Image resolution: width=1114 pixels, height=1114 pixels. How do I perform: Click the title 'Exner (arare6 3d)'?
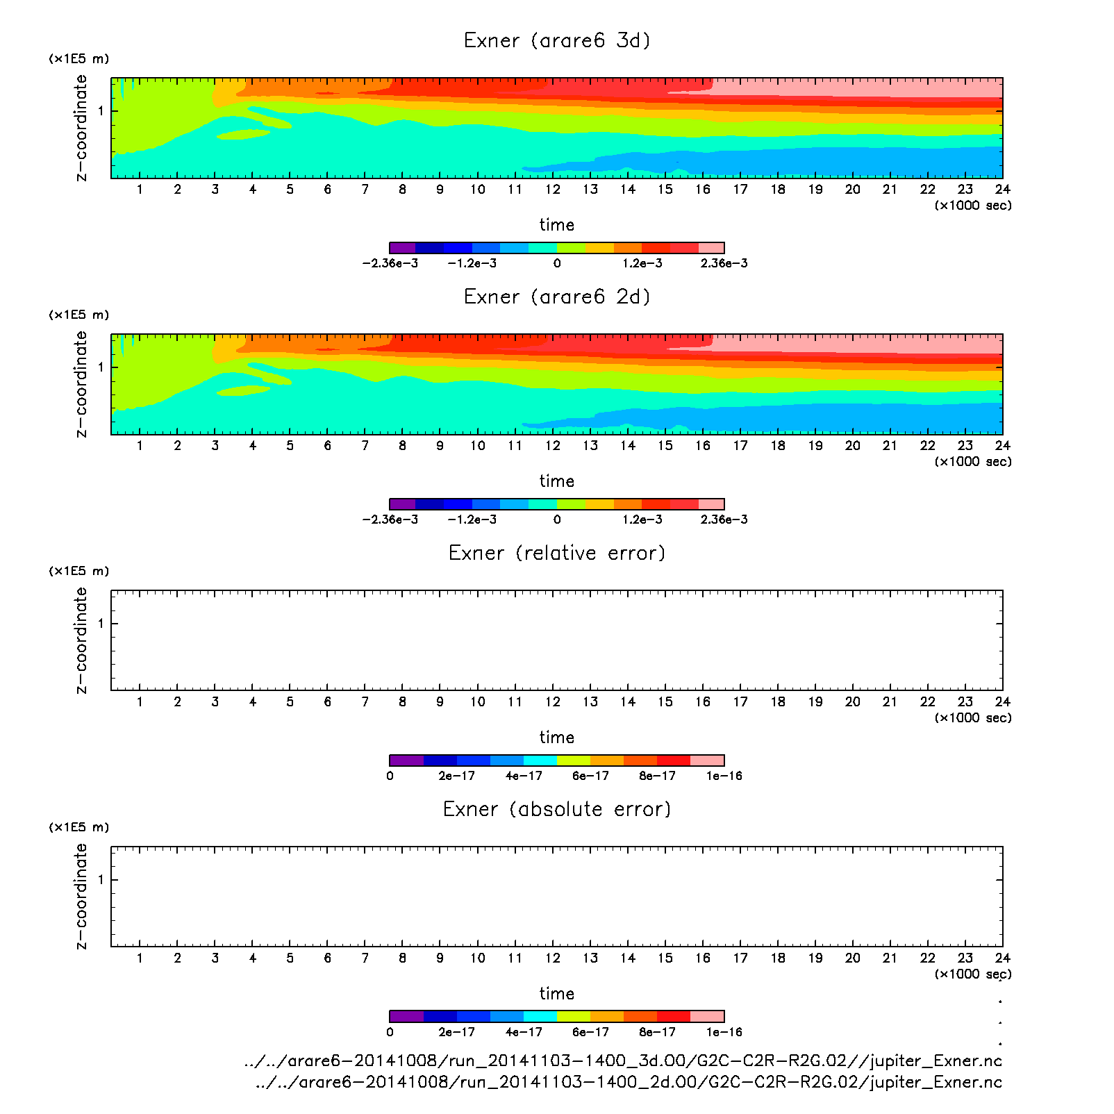pyautogui.click(x=557, y=40)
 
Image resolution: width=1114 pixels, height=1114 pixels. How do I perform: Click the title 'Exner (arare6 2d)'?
pyautogui.click(x=557, y=297)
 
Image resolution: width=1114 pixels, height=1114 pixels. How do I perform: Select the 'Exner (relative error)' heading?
pyautogui.click(x=557, y=553)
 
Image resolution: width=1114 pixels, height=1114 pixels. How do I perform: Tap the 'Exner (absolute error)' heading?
pyautogui.click(x=557, y=809)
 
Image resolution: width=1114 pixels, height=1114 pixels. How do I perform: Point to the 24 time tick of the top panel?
pyautogui.click(x=1002, y=189)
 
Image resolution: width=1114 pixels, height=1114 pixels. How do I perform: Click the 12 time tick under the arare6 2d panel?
pyautogui.click(x=552, y=445)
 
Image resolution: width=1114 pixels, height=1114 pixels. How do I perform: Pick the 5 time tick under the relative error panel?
pyautogui.click(x=290, y=701)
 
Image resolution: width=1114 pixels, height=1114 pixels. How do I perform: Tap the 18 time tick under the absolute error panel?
pyautogui.click(x=778, y=958)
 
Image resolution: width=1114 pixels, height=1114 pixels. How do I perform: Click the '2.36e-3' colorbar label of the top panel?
pyautogui.click(x=724, y=263)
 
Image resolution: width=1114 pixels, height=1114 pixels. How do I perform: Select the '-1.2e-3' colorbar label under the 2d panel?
pyautogui.click(x=472, y=519)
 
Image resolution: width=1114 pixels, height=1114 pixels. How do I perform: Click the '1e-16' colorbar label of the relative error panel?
pyautogui.click(x=724, y=776)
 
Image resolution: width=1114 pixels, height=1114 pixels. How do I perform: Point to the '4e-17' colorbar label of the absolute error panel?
pyautogui.click(x=524, y=1032)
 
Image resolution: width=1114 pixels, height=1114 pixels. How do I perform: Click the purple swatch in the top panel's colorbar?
pyautogui.click(x=403, y=247)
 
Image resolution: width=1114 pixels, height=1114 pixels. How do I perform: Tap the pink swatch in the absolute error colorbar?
pyautogui.click(x=707, y=1016)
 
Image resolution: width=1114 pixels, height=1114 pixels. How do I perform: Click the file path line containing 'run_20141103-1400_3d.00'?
pyautogui.click(x=623, y=1061)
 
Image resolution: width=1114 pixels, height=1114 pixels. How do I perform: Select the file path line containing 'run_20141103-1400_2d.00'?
pyautogui.click(x=629, y=1082)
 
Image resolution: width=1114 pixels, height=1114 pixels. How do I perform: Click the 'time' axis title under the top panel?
pyautogui.click(x=557, y=225)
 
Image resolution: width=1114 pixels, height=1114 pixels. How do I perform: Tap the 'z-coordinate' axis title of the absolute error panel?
pyautogui.click(x=81, y=896)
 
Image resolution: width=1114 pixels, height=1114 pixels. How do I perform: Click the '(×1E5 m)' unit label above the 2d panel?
pyautogui.click(x=79, y=315)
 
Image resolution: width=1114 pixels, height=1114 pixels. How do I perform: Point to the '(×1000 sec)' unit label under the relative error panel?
pyautogui.click(x=972, y=717)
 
